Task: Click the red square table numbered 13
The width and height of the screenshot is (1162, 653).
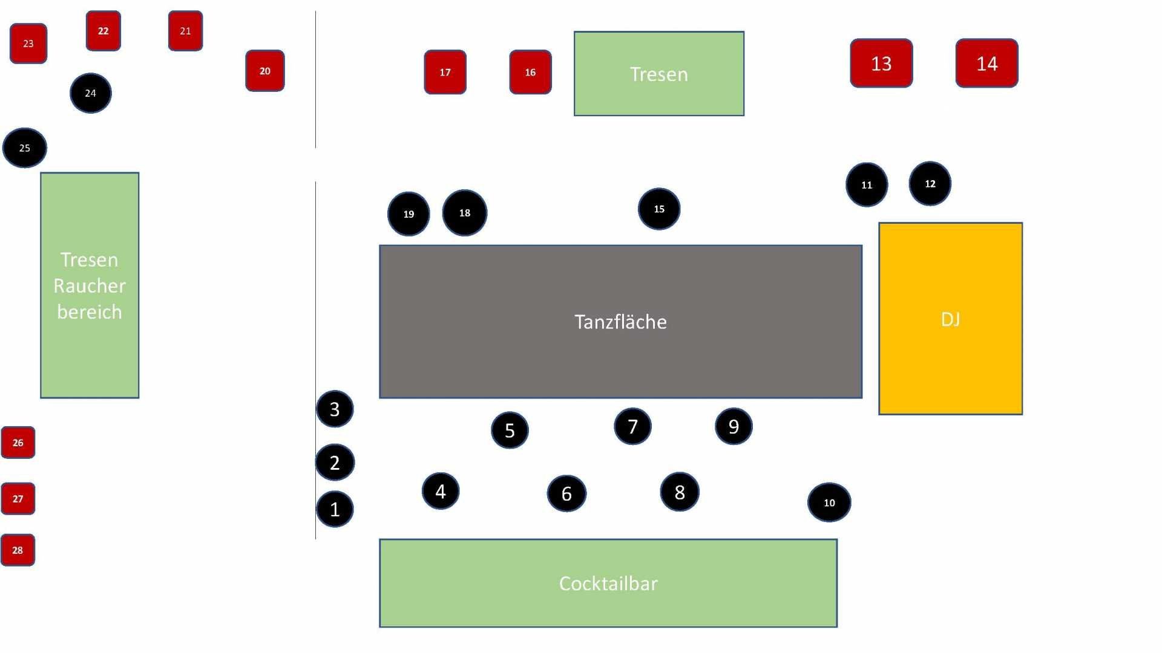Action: click(x=881, y=63)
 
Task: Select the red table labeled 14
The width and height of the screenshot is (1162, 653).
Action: click(x=986, y=63)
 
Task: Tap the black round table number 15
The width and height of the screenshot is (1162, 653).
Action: click(x=659, y=209)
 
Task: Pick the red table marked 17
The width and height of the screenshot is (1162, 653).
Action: click(x=445, y=72)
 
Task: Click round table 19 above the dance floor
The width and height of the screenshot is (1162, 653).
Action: click(x=409, y=214)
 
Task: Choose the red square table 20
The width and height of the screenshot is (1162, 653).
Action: click(x=264, y=71)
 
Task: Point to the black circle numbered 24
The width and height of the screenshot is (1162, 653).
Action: click(x=90, y=93)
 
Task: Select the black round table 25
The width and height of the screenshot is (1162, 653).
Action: click(x=25, y=148)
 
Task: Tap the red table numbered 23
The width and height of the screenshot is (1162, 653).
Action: click(x=28, y=44)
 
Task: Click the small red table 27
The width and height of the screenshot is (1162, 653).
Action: click(x=18, y=499)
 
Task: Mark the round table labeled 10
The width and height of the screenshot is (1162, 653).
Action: click(x=829, y=502)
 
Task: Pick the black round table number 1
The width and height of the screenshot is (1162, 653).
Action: click(x=335, y=510)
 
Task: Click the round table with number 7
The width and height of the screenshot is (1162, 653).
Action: click(x=632, y=427)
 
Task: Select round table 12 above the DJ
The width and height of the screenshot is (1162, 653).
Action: click(x=930, y=184)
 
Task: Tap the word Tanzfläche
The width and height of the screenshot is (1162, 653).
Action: click(x=620, y=322)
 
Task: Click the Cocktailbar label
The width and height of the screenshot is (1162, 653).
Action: click(x=608, y=583)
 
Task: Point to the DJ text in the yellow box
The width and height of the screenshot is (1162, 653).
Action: click(x=950, y=319)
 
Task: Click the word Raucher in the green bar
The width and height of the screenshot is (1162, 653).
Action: click(x=90, y=285)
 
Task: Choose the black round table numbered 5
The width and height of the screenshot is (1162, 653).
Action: click(x=510, y=430)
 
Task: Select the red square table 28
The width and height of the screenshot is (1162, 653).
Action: click(x=18, y=550)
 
